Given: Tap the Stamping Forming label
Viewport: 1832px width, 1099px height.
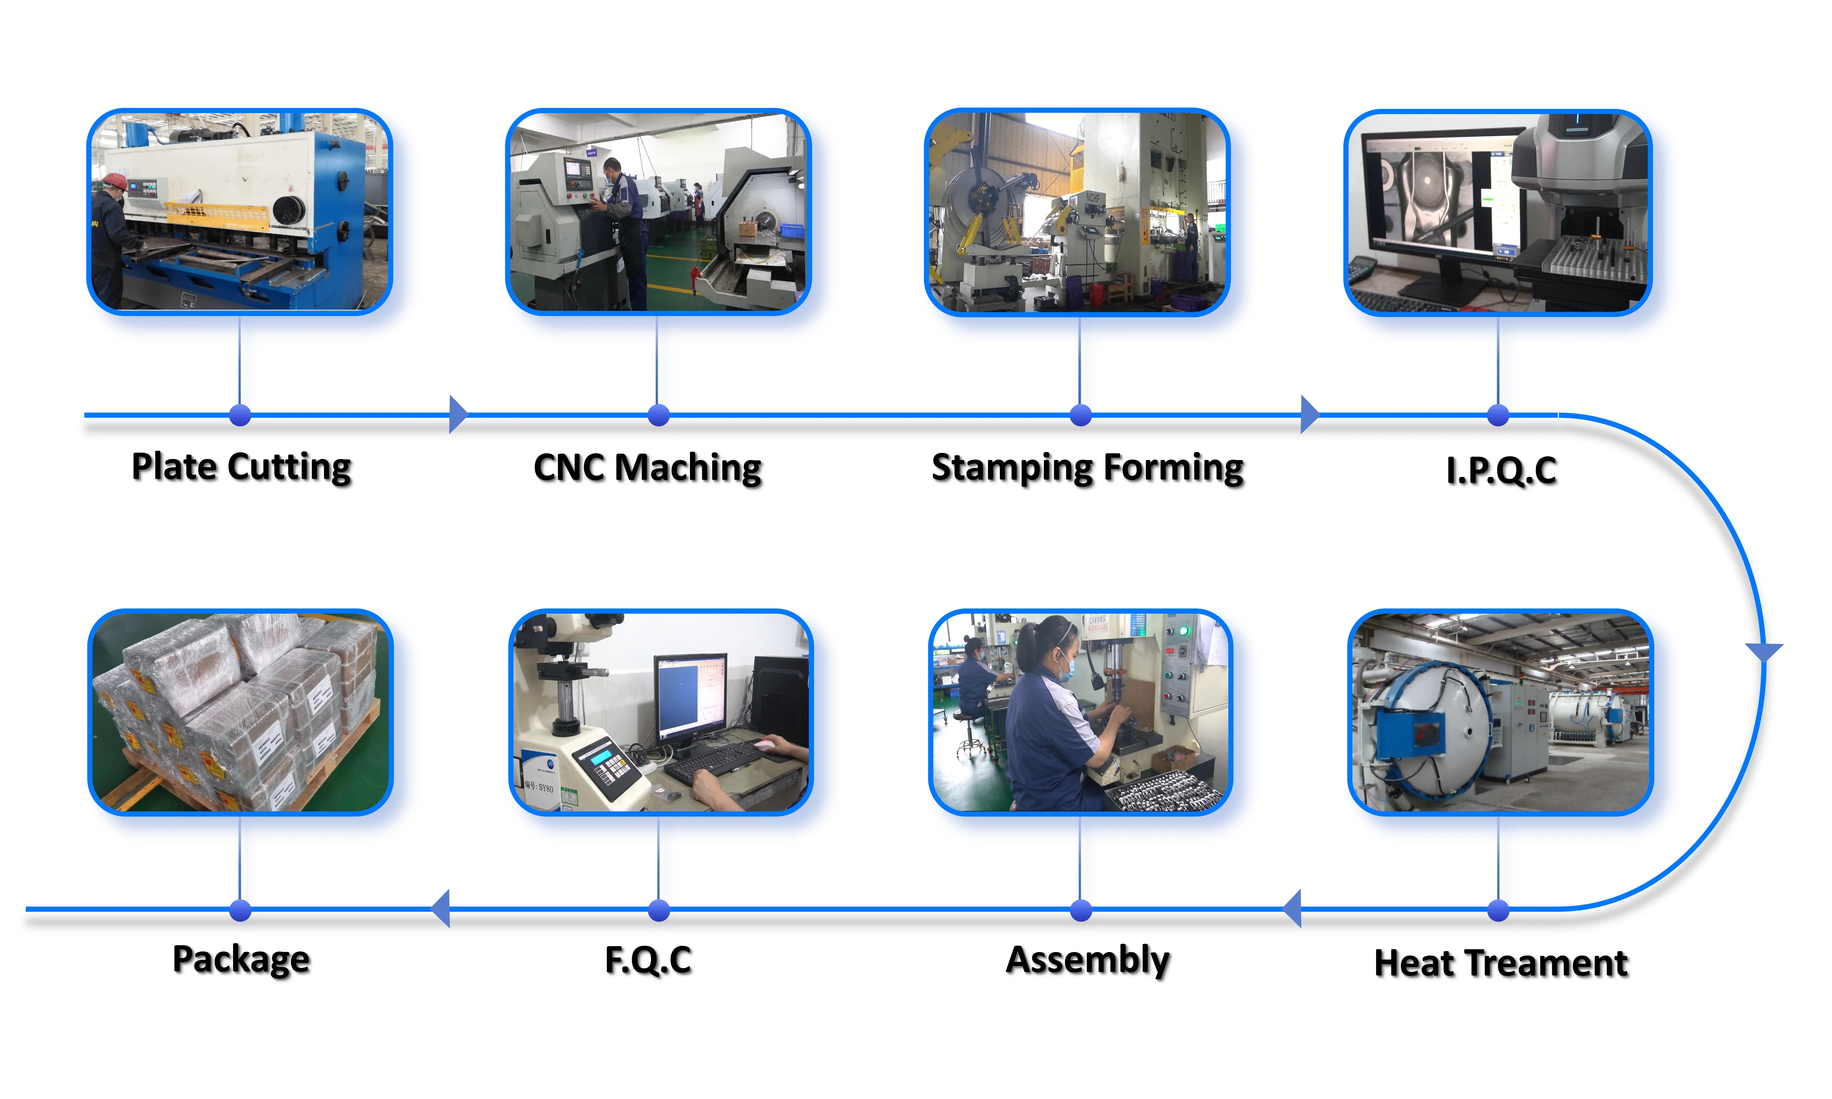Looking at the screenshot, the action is point(1087,468).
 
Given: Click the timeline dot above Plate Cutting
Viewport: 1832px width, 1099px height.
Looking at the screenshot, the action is point(240,416).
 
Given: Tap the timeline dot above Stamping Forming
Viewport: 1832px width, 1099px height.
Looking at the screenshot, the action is point(1080,416).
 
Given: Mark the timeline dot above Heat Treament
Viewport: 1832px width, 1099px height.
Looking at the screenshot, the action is point(1498,910).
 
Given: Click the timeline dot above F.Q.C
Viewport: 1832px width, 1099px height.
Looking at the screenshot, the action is point(658,910).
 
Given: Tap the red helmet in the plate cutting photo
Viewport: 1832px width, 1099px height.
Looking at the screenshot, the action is point(115,181).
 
